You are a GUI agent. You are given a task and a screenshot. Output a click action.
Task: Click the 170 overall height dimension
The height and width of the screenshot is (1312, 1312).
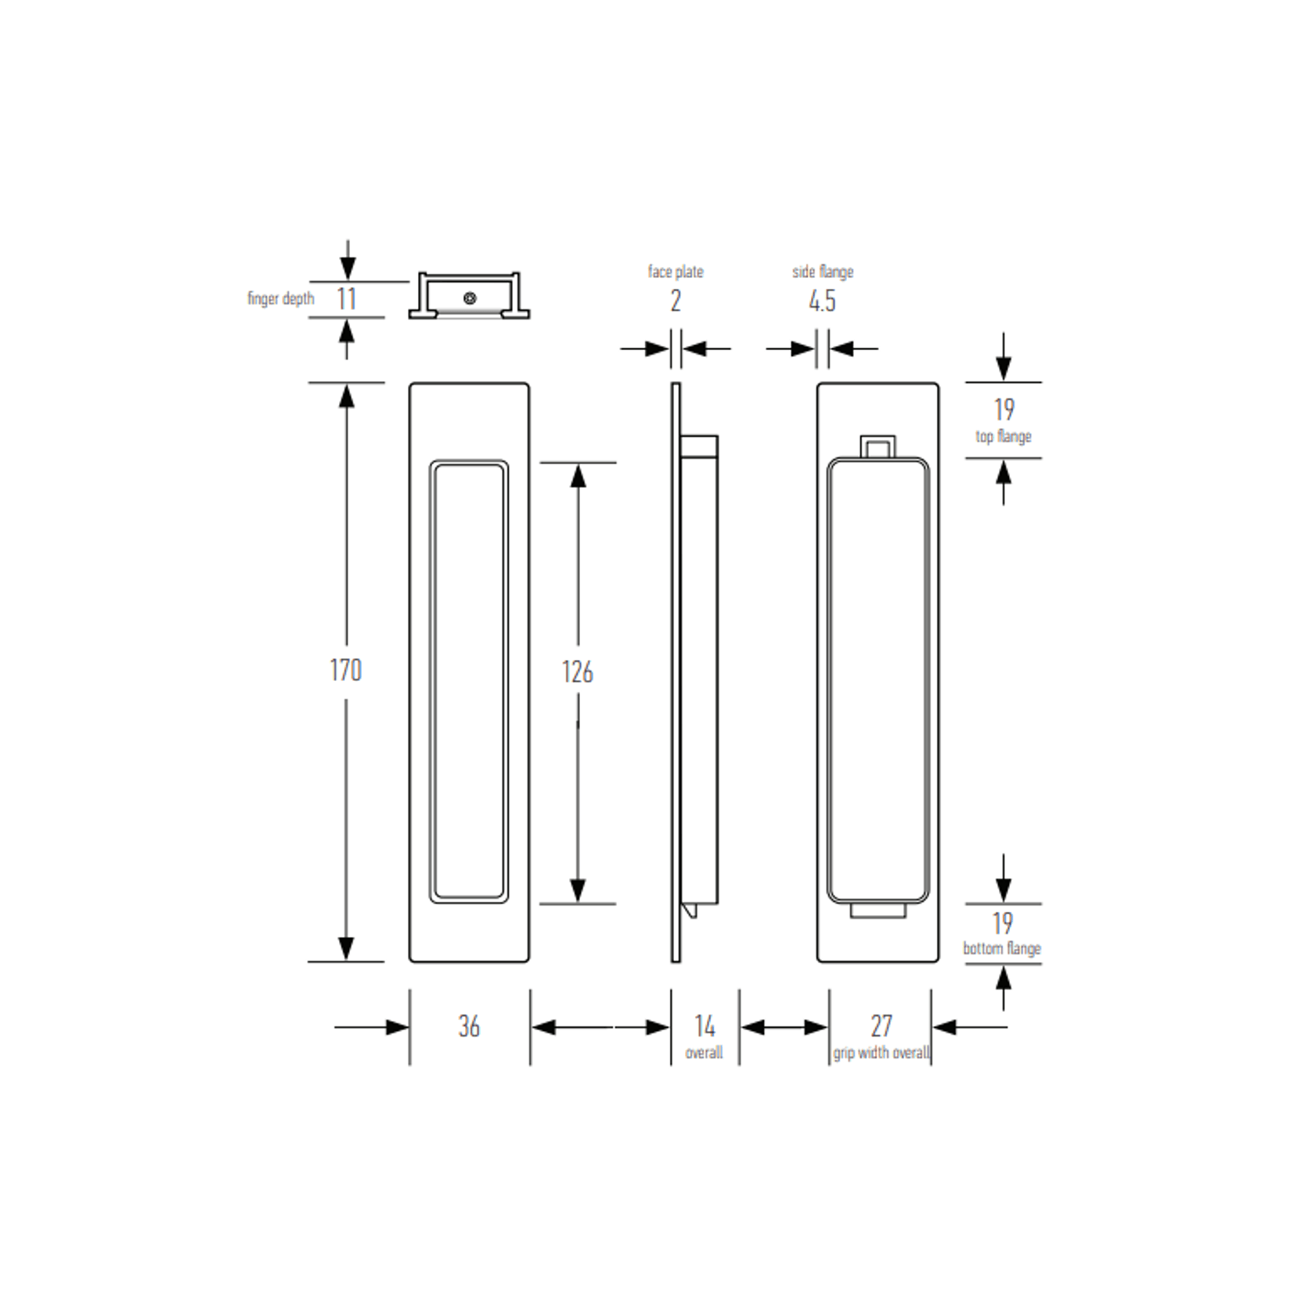(x=345, y=670)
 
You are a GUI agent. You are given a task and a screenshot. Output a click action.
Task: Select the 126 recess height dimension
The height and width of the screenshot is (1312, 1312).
(x=577, y=672)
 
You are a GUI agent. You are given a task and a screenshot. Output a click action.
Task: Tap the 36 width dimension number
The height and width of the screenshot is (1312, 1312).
(x=469, y=1026)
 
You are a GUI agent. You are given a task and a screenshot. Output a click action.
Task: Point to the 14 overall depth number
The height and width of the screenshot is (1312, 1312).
(x=705, y=1025)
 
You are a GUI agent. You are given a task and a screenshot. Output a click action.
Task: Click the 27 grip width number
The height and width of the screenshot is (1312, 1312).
(x=881, y=1025)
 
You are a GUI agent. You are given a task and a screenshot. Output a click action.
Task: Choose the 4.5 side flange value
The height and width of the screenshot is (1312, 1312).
(x=822, y=301)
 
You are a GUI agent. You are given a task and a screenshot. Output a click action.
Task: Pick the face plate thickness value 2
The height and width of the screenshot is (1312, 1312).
(x=676, y=301)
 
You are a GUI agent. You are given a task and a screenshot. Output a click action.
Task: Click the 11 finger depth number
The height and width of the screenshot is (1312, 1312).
(x=347, y=299)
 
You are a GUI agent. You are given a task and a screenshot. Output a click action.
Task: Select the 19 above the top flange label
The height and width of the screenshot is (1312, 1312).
(x=1004, y=409)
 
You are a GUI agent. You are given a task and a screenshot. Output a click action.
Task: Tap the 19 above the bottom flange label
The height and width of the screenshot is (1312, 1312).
(x=1003, y=923)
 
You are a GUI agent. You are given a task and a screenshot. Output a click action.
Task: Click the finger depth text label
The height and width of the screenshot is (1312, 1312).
(x=280, y=299)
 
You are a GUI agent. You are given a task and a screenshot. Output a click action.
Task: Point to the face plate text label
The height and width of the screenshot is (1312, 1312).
(x=676, y=272)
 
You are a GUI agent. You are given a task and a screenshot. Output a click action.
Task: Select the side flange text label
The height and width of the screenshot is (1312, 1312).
(x=822, y=272)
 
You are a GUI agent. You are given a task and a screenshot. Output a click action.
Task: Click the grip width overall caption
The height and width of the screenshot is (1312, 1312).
(x=881, y=1053)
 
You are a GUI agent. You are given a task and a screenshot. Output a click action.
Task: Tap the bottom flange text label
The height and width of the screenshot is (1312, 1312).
(x=1002, y=949)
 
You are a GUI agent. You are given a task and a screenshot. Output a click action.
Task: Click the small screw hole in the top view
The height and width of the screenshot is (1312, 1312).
(x=470, y=298)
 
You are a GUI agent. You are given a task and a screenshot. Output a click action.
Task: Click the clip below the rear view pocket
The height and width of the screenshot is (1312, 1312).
(x=878, y=910)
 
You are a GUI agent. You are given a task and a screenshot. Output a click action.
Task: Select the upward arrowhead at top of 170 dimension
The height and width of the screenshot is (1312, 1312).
(x=346, y=396)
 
